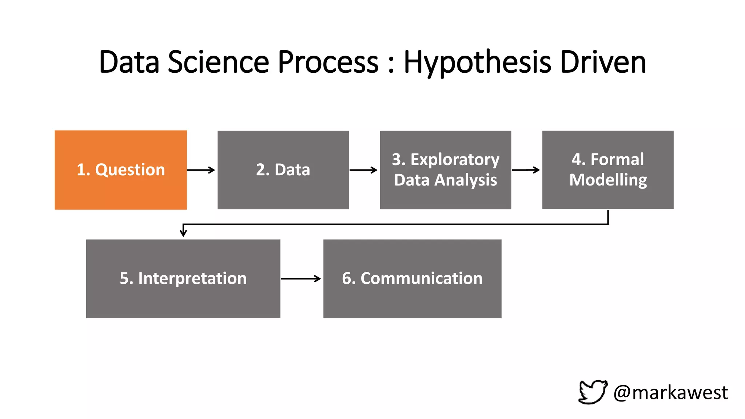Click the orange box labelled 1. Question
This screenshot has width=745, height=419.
pyautogui.click(x=120, y=170)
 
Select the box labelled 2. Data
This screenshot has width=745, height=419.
pyautogui.click(x=283, y=170)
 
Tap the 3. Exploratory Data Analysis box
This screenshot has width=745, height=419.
pyautogui.click(x=445, y=170)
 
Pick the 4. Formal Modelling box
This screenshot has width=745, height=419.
pyautogui.click(x=607, y=170)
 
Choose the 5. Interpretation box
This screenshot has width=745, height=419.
pyautogui.click(x=183, y=278)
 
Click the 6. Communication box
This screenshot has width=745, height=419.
pyautogui.click(x=412, y=278)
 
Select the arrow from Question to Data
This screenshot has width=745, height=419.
pyautogui.click(x=201, y=170)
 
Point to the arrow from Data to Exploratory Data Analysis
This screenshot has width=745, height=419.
pyautogui.click(x=363, y=170)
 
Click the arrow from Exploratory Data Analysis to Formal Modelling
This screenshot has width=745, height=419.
pyautogui.click(x=526, y=170)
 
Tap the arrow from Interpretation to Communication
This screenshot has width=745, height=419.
pyautogui.click(x=301, y=279)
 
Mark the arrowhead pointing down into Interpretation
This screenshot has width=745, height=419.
pyautogui.click(x=183, y=233)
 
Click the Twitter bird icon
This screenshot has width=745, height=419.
pyautogui.click(x=593, y=392)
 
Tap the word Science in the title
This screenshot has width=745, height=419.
pyautogui.click(x=218, y=62)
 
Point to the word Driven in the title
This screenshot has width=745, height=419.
pyautogui.click(x=603, y=62)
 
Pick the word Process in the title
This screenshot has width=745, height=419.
pyautogui.click(x=328, y=62)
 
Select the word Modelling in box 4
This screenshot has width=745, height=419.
pyautogui.click(x=608, y=180)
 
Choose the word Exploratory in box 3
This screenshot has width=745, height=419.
pyautogui.click(x=455, y=160)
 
